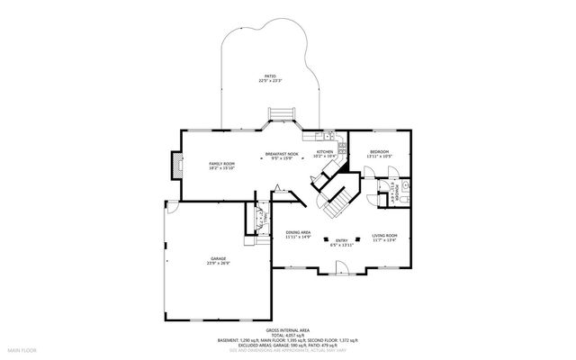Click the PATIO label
coord(270,76)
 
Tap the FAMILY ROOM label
coord(196,163)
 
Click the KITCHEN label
coord(325,152)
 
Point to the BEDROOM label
coord(379,152)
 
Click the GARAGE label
coord(218,258)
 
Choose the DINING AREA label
coord(298,232)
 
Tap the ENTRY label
coord(342,239)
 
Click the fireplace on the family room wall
coord(175,164)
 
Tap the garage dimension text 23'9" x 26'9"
coord(218,264)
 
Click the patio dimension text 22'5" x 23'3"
coord(270,81)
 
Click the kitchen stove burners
coord(341,147)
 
